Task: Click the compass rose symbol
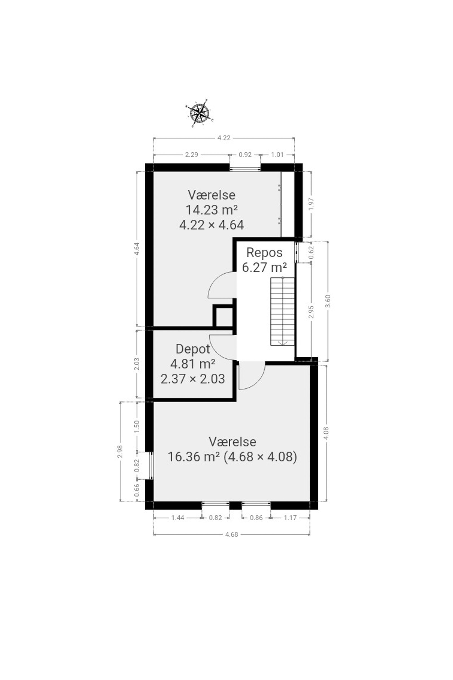point(199,113)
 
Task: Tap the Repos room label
point(264,253)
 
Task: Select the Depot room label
point(193,349)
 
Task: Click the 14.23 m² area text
point(212,210)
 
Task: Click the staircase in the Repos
point(282,311)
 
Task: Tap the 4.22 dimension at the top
point(224,138)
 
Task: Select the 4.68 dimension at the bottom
point(231,534)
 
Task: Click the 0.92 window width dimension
point(245,155)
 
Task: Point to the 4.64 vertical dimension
point(137,249)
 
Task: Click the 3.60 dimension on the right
point(328,301)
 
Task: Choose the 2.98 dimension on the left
point(120,451)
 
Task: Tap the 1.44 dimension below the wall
point(178,518)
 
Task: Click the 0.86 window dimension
point(256,518)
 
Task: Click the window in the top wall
point(245,168)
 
